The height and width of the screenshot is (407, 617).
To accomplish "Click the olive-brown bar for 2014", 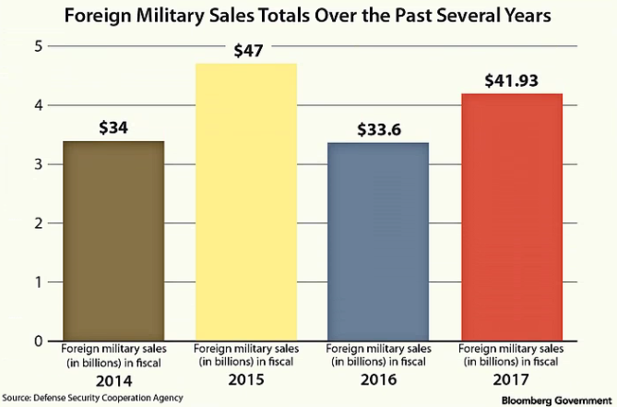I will tap(113, 241).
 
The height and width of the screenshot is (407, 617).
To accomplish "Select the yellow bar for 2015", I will tap(245, 202).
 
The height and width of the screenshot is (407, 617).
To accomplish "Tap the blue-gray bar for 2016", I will tap(378, 242).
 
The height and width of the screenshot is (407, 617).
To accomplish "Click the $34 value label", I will tap(113, 127).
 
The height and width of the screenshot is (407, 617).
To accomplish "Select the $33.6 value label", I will tap(378, 128).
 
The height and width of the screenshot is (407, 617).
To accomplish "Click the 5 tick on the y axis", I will tap(37, 46).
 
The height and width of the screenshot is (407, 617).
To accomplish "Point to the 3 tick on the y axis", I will tap(37, 164).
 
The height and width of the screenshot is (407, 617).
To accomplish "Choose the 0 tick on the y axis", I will tap(37, 341).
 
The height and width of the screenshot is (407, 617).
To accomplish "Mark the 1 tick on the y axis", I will tap(37, 282).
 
